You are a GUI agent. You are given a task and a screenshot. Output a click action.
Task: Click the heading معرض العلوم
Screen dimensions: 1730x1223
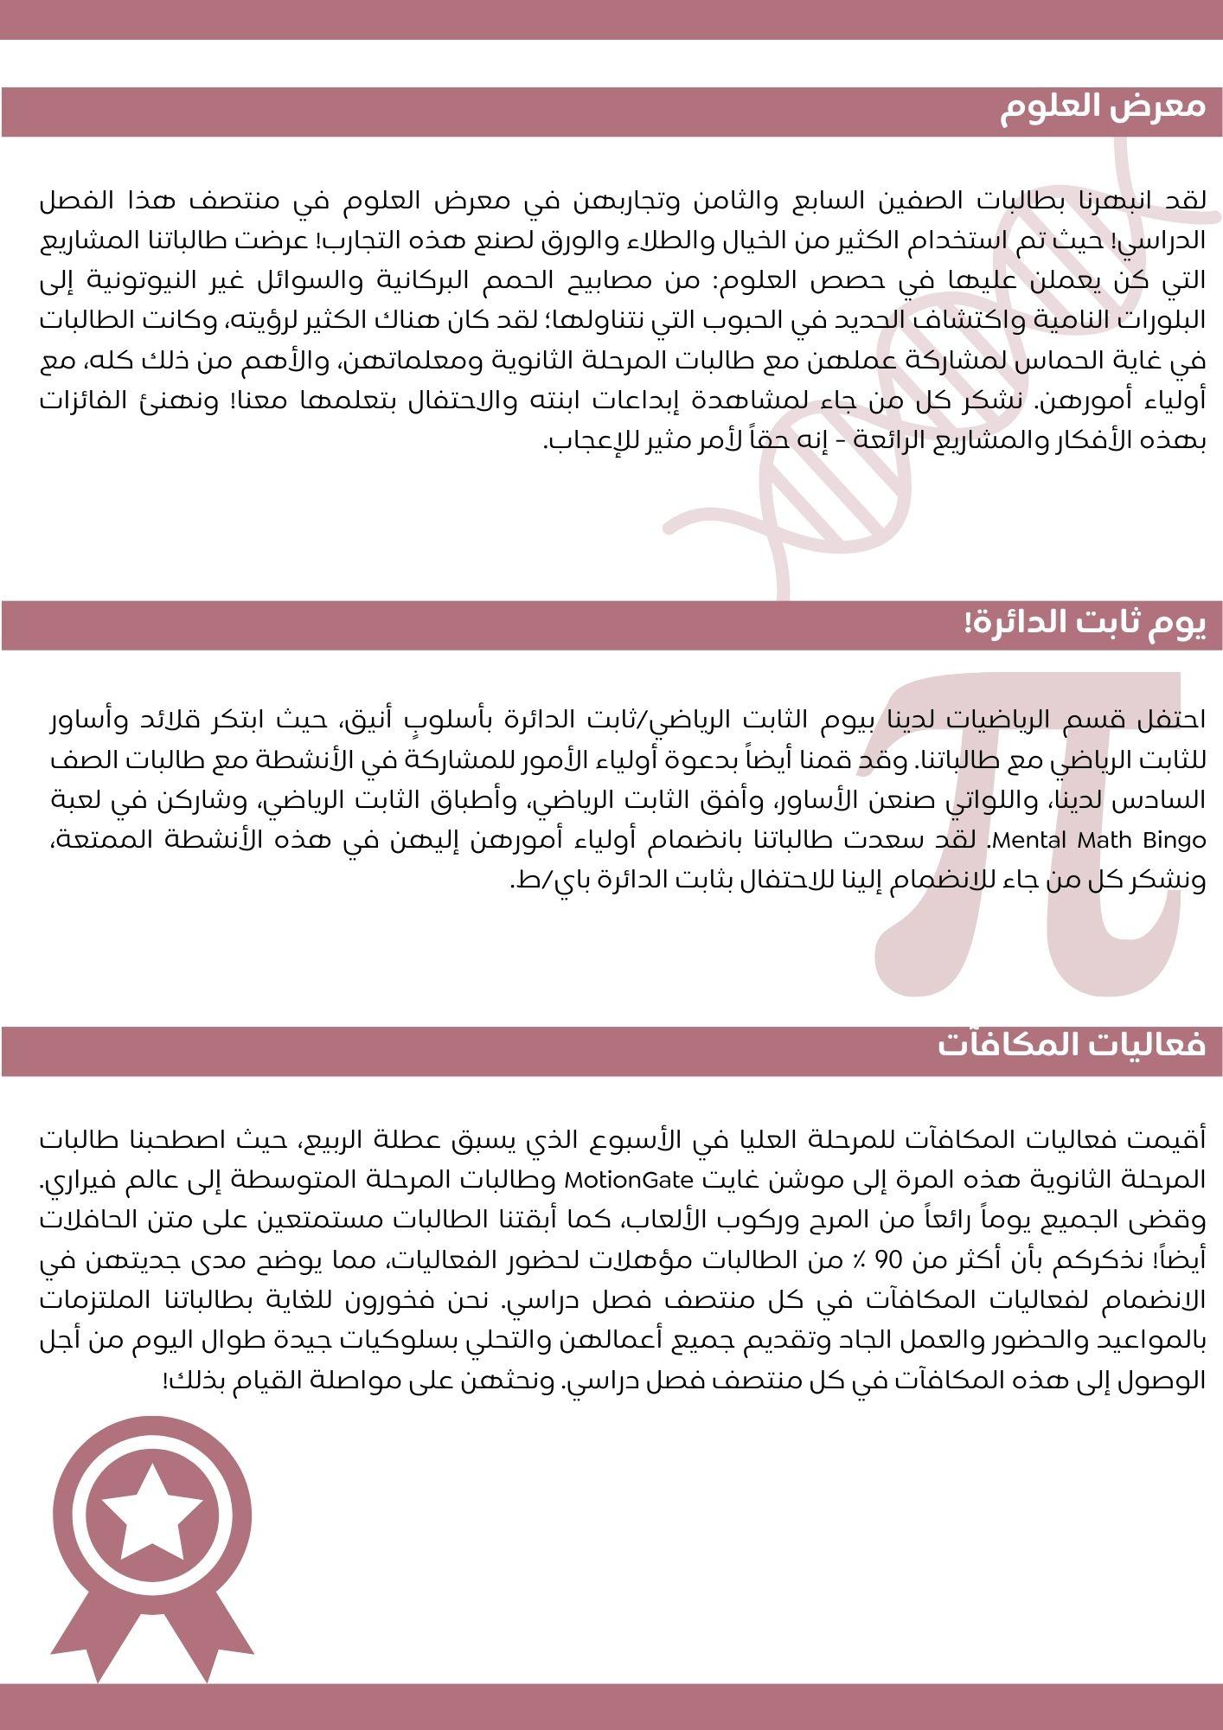(x=1103, y=107)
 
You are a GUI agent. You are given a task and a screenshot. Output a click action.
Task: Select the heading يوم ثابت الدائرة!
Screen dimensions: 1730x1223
(x=1085, y=624)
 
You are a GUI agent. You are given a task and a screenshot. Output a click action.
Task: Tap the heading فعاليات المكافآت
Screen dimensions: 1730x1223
(x=1072, y=1045)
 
